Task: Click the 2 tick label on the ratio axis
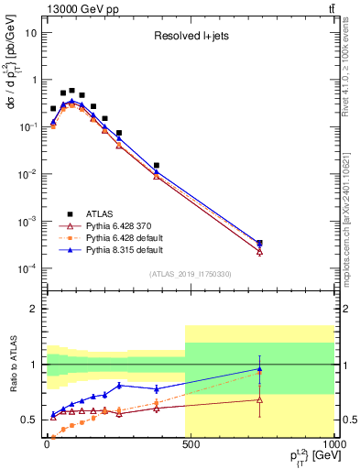tap(33, 309)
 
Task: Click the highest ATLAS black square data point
tap(72, 91)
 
